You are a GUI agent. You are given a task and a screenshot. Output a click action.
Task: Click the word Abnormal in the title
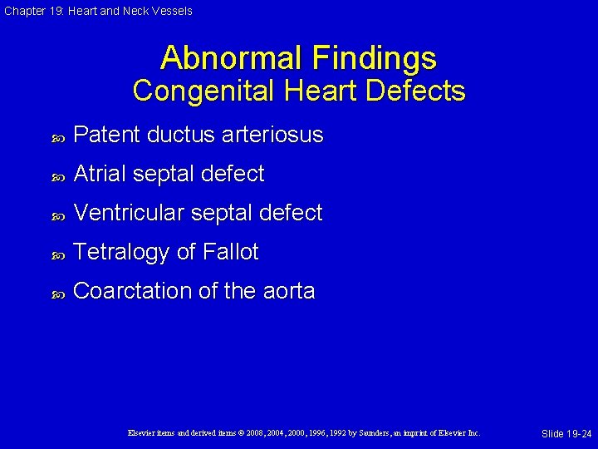[232, 58]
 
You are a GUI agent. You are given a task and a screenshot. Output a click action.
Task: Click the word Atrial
[100, 174]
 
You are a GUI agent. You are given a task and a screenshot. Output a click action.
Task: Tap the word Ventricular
[129, 213]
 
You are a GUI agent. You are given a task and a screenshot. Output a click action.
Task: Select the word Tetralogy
[122, 252]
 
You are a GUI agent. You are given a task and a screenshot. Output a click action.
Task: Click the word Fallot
[228, 252]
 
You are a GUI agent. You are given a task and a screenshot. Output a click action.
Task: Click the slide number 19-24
[577, 434]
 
